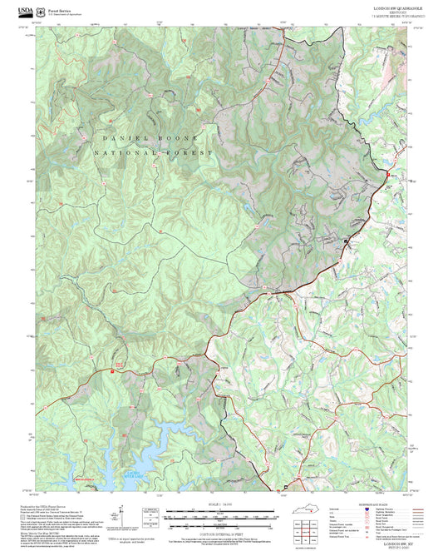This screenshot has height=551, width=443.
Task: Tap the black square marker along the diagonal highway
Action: point(347,241)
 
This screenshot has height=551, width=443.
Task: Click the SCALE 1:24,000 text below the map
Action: point(220,504)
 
